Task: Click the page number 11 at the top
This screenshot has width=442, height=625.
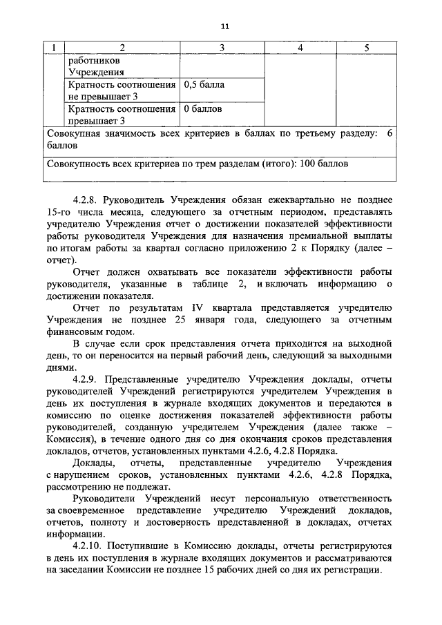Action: pos(225,26)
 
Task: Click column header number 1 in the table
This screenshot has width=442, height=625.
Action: pos(54,48)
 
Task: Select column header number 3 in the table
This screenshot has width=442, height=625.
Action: pos(222,48)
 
